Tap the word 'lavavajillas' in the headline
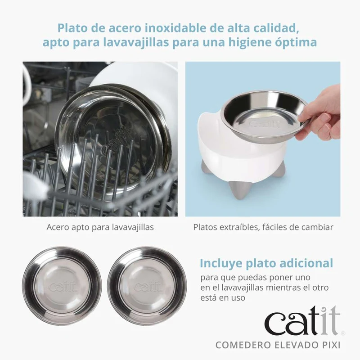point(136,42)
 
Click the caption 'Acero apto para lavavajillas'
point(100,227)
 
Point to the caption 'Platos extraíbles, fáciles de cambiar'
point(263,227)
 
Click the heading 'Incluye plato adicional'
point(266,263)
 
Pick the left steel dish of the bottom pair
point(62,286)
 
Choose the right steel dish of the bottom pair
point(148,286)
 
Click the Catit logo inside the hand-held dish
point(265,124)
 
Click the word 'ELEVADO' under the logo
point(295,345)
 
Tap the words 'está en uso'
point(223,298)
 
